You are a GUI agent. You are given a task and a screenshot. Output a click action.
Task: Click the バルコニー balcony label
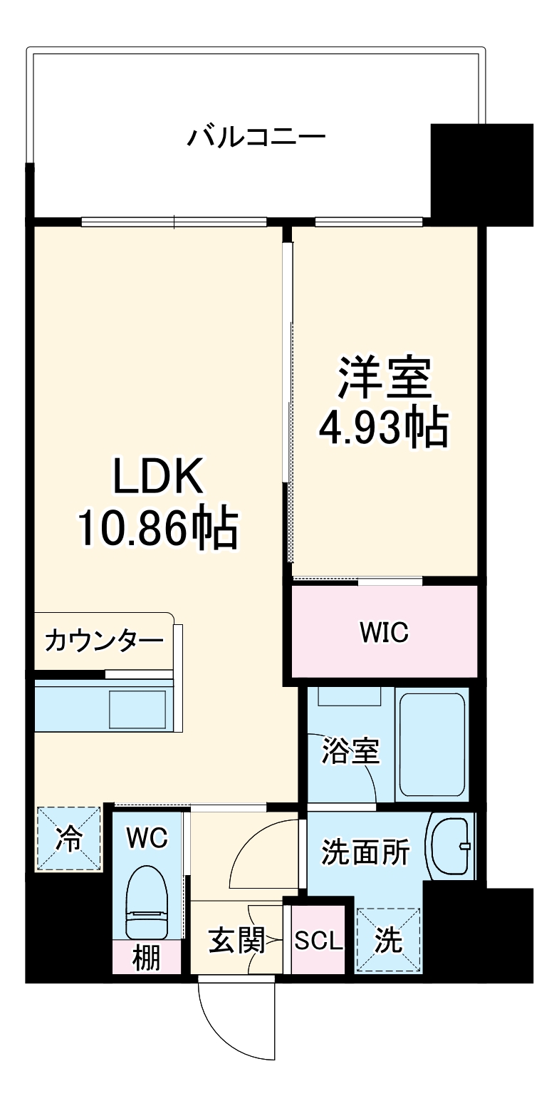coord(256,136)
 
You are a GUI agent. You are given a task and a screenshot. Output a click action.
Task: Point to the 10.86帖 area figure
coord(157,528)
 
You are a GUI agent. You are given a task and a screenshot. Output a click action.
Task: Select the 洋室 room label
coord(385,378)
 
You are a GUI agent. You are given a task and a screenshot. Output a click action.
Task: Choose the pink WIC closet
coord(384,631)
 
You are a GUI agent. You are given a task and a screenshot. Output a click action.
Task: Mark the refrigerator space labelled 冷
coord(69,839)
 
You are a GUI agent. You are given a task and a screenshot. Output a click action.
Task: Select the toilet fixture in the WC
coord(147,901)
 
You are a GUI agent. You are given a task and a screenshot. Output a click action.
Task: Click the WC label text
coord(147,838)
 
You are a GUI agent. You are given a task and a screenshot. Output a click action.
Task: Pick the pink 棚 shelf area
coord(147,958)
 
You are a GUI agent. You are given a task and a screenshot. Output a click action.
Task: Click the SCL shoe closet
coord(318,941)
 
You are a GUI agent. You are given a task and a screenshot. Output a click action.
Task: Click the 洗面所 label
coord(365,852)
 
